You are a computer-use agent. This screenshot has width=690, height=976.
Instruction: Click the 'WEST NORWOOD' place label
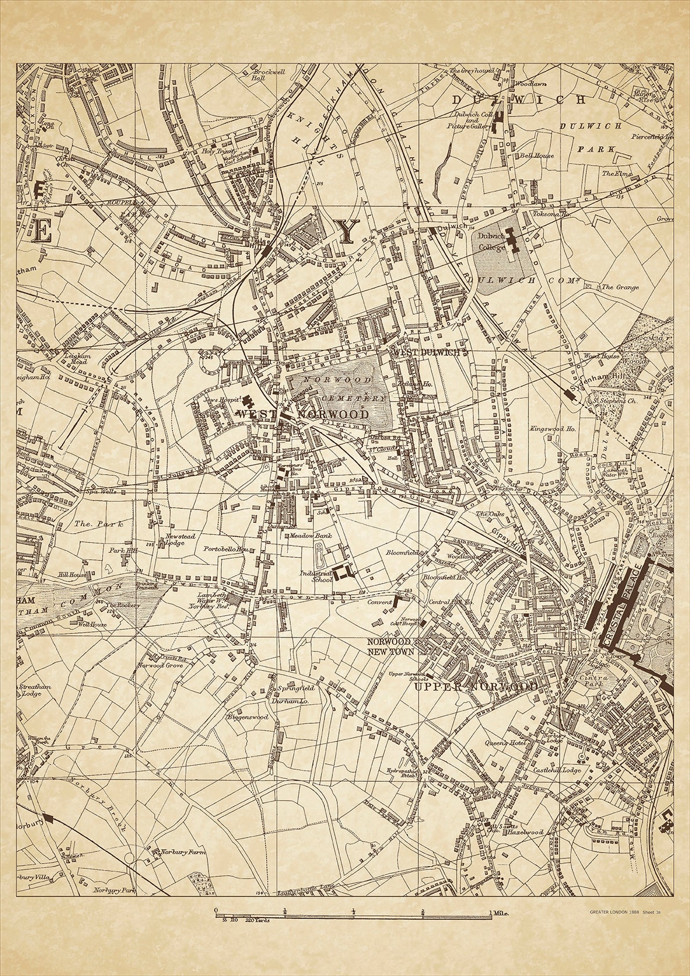pos(302,415)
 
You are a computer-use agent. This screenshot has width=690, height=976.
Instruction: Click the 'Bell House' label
pos(537,155)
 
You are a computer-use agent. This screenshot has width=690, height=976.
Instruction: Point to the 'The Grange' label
pos(620,287)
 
